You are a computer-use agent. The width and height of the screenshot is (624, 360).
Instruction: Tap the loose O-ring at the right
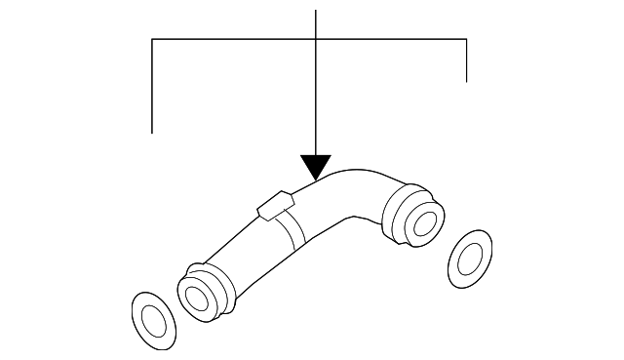472,257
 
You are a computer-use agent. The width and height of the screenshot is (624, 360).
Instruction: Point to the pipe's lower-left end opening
200,295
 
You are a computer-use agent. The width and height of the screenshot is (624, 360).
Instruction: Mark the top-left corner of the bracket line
153,39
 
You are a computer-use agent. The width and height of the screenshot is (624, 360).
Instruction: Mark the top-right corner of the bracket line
467,39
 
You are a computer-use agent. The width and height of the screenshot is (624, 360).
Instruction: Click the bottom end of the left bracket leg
153,132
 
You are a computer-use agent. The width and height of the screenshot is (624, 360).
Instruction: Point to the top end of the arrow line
316,9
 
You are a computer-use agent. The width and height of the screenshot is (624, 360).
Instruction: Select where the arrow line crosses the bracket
316,39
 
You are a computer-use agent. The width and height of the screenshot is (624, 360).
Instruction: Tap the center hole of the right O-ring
473,258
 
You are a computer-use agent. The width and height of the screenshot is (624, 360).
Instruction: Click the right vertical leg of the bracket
467,60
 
